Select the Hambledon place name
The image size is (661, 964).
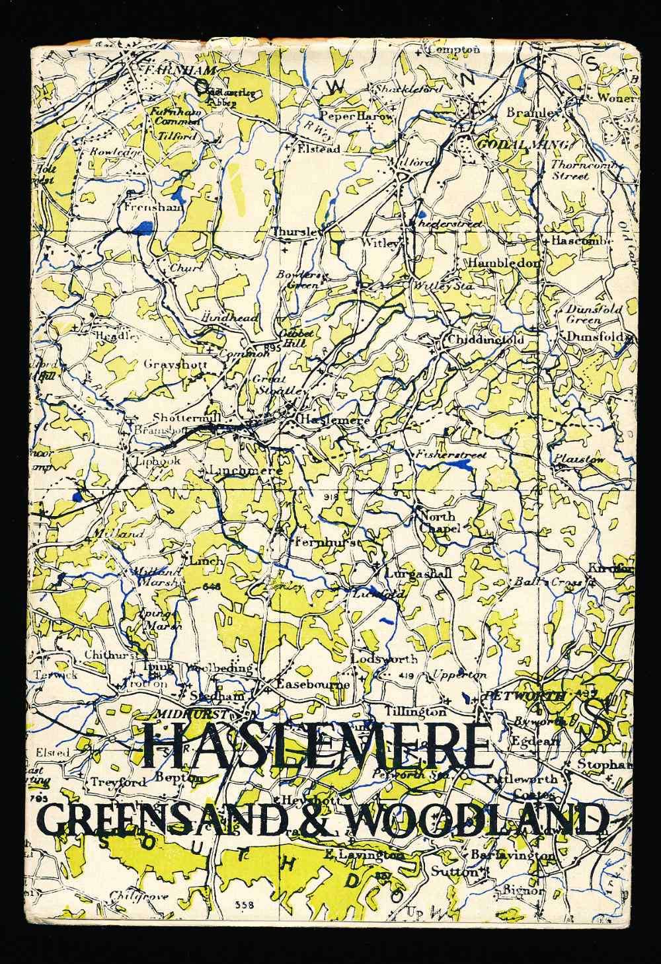(504, 262)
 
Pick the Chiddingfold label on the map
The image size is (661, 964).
(485, 340)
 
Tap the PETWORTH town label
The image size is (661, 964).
(524, 696)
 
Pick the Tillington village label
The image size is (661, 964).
(416, 712)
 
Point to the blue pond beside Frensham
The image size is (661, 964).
(141, 227)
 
